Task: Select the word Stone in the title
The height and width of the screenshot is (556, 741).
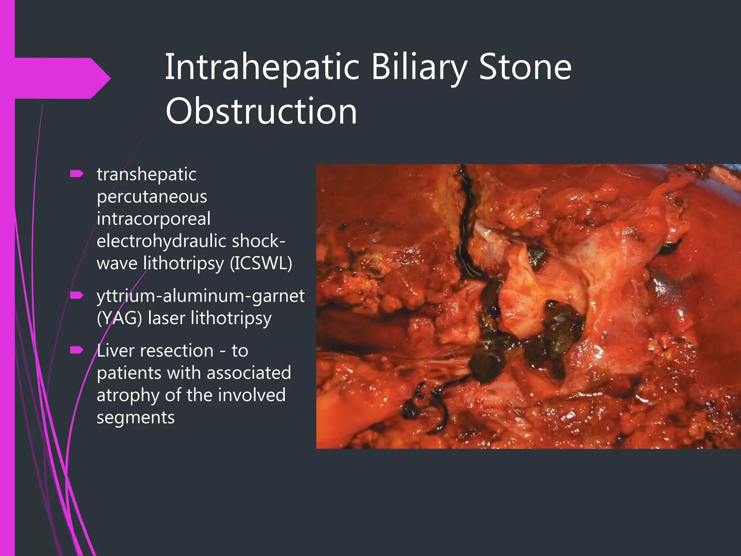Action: pyautogui.click(x=525, y=67)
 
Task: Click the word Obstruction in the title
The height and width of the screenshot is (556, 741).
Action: pyautogui.click(x=261, y=111)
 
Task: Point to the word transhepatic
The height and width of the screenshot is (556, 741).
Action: pyautogui.click(x=147, y=174)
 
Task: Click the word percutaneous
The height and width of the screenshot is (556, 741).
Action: pyautogui.click(x=152, y=197)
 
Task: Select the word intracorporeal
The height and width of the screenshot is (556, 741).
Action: pyautogui.click(x=153, y=219)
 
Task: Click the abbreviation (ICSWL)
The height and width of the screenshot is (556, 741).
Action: pyautogui.click(x=261, y=263)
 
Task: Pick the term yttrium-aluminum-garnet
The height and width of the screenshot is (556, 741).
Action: pyautogui.click(x=200, y=296)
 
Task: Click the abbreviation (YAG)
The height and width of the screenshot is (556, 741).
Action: pyautogui.click(x=119, y=318)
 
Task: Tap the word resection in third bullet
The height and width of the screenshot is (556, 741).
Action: pyautogui.click(x=177, y=351)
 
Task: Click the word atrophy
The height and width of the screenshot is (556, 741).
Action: pyautogui.click(x=128, y=395)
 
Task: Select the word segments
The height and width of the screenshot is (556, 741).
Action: pyautogui.click(x=136, y=417)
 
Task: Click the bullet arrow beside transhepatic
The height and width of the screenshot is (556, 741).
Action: pyautogui.click(x=77, y=174)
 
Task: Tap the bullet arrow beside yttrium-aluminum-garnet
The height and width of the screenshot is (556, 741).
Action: pyautogui.click(x=77, y=296)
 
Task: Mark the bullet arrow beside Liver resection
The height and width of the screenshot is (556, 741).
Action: pyautogui.click(x=77, y=350)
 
